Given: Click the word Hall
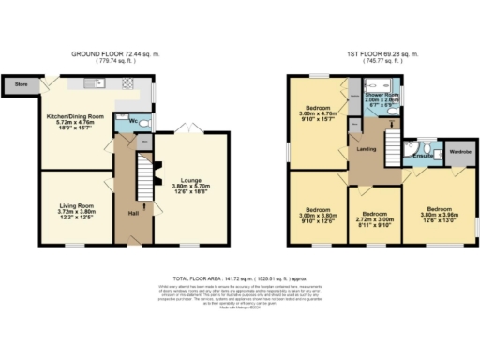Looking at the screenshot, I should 132,214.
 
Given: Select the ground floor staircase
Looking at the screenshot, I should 143,178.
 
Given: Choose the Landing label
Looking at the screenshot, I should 366,148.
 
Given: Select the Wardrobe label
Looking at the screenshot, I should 459,150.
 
